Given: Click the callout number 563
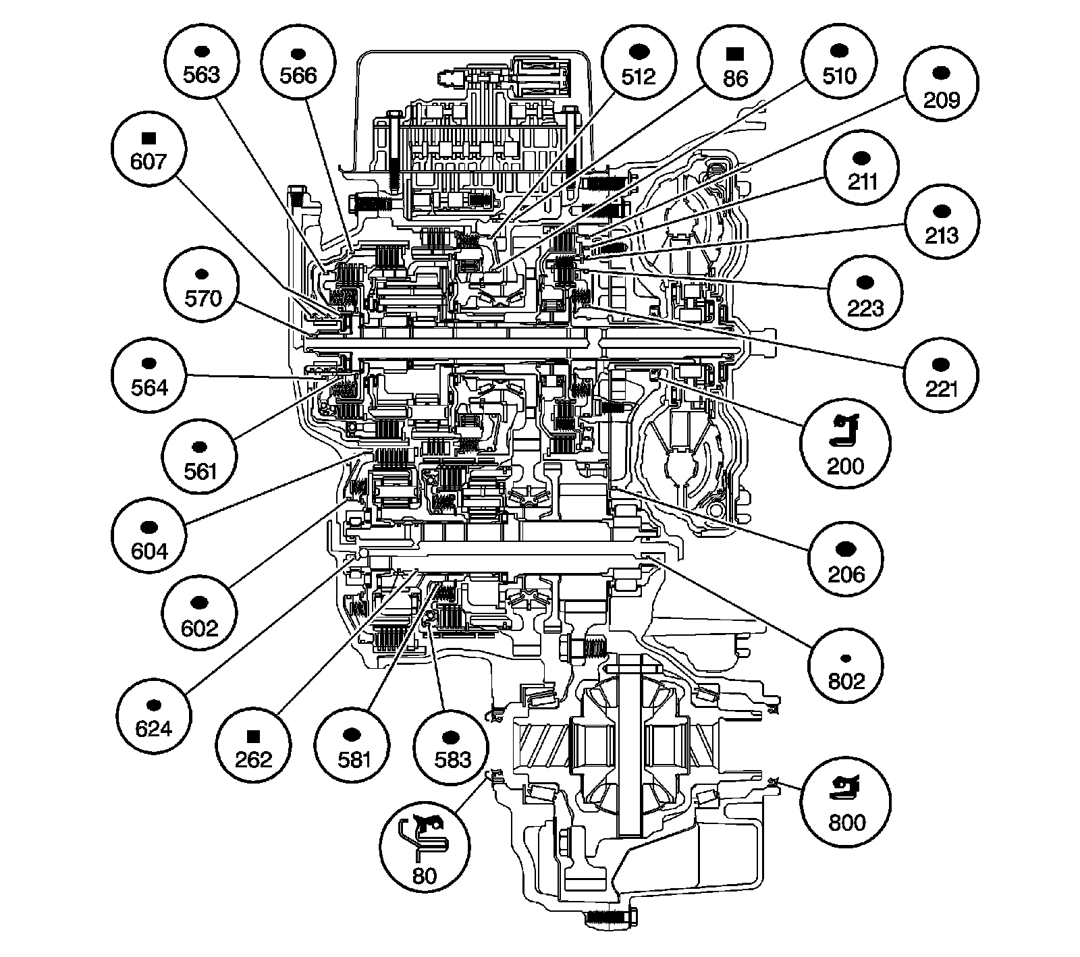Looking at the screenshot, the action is (x=202, y=74).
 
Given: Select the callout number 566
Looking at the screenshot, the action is (x=298, y=75).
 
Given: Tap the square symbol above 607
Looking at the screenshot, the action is (x=149, y=138).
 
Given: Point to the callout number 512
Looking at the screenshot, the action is (x=639, y=76).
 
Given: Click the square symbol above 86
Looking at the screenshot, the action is (x=735, y=53).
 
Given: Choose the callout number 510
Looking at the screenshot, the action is (x=839, y=74).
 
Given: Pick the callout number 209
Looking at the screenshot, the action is (x=941, y=101).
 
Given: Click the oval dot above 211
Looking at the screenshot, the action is (x=862, y=158).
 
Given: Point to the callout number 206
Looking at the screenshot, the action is (x=846, y=574).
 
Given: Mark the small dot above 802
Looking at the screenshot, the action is (x=846, y=657).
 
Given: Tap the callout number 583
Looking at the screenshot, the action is (x=452, y=759).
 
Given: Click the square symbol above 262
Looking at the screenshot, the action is (x=254, y=735).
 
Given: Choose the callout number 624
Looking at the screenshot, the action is (x=153, y=729).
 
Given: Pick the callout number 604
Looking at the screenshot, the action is (x=149, y=551).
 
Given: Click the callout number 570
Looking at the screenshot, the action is (x=202, y=298).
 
